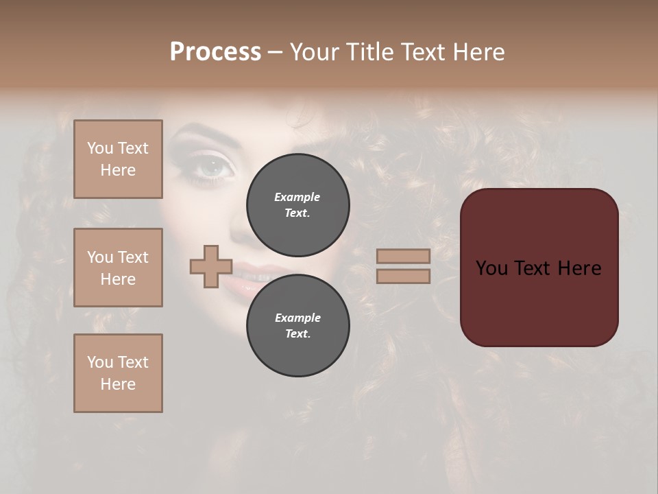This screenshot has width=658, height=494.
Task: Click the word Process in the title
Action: [x=215, y=52]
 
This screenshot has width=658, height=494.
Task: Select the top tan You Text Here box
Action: [x=118, y=159]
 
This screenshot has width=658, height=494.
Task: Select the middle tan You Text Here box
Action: [x=118, y=268]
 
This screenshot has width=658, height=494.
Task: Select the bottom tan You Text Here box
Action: [x=118, y=373]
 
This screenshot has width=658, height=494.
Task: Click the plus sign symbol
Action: [x=211, y=266]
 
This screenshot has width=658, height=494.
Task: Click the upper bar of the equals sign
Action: [x=403, y=256]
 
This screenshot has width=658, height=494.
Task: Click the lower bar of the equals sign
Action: [x=403, y=276]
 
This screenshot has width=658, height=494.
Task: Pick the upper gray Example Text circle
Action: [x=298, y=204]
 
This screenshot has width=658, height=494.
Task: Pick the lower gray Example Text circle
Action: [x=298, y=325]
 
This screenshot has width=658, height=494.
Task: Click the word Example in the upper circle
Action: [x=297, y=197]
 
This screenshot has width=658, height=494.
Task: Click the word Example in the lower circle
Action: [x=297, y=318]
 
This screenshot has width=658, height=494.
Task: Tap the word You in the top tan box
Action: [x=99, y=148]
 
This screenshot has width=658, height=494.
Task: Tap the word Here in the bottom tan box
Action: [x=118, y=384]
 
